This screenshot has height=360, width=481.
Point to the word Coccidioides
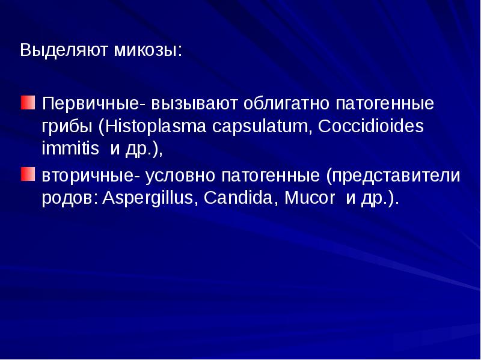pyautogui.click(x=372, y=127)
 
